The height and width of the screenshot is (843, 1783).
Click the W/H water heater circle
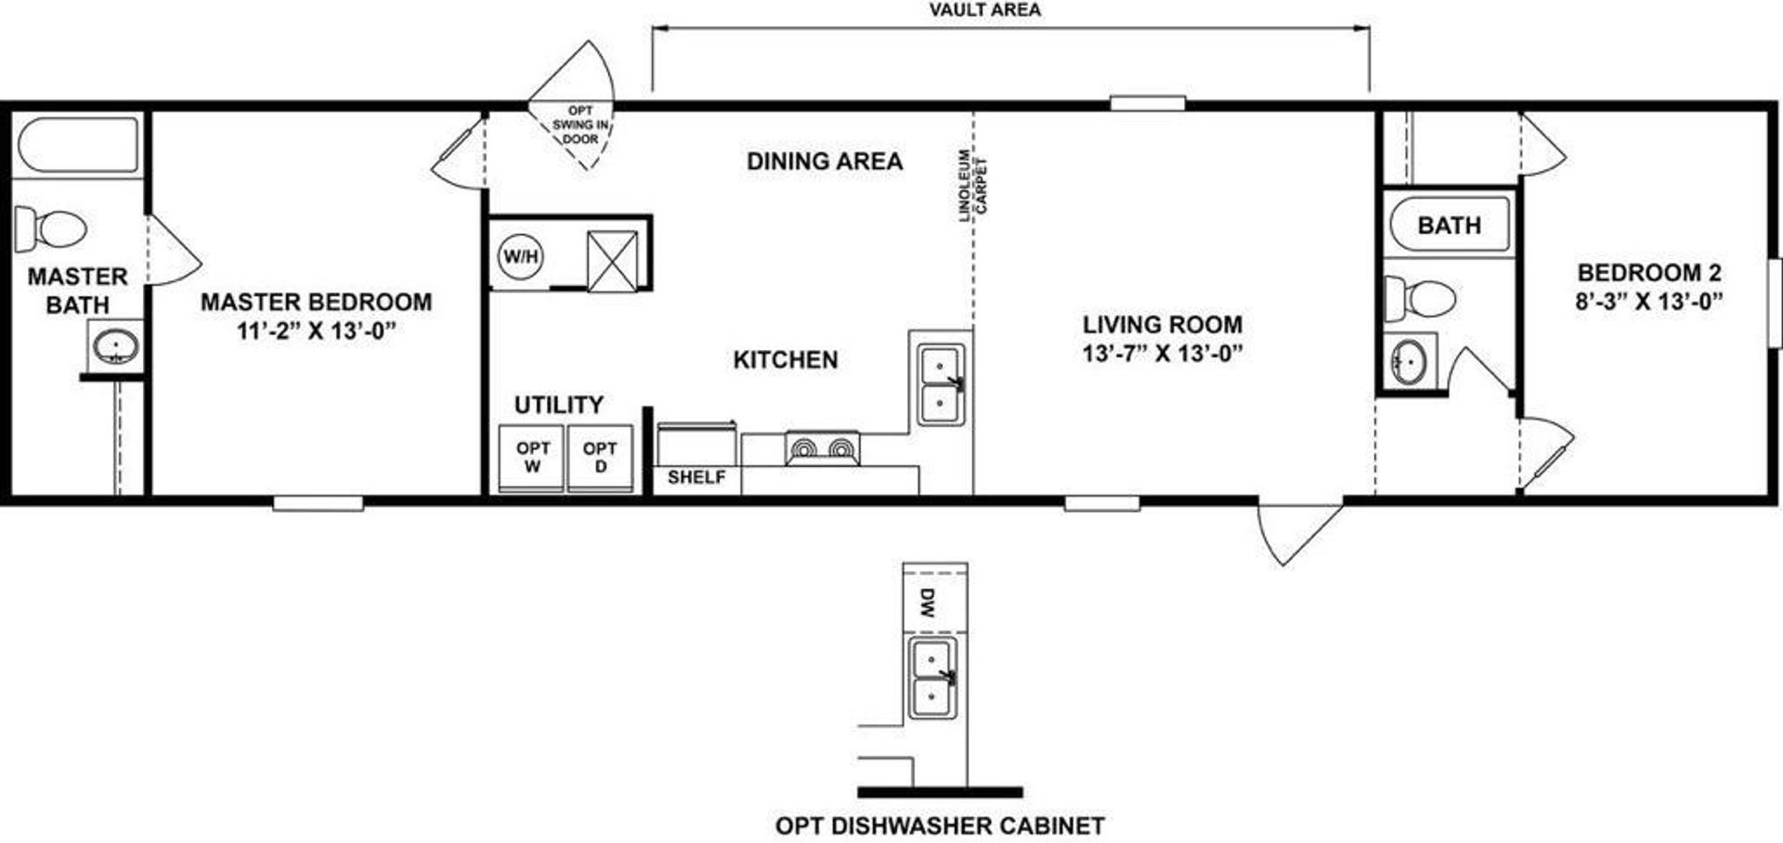(521, 256)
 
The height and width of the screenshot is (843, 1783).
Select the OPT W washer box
(532, 457)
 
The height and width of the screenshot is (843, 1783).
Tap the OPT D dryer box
(600, 457)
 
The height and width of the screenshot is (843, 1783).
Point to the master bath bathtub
(78, 144)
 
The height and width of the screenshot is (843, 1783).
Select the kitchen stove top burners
(822, 449)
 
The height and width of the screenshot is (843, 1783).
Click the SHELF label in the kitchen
(696, 477)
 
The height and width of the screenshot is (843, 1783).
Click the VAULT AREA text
(984, 10)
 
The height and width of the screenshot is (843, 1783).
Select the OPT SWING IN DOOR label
(580, 125)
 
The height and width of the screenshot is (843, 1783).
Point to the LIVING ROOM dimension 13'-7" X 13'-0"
(1162, 354)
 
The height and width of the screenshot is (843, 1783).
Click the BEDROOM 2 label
(1649, 273)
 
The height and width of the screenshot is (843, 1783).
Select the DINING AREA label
(825, 162)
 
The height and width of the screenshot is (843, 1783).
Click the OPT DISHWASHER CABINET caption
(940, 825)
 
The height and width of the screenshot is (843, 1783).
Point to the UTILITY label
(559, 405)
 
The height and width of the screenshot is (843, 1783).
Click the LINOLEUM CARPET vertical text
(973, 186)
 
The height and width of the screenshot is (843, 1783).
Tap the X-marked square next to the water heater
(613, 261)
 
